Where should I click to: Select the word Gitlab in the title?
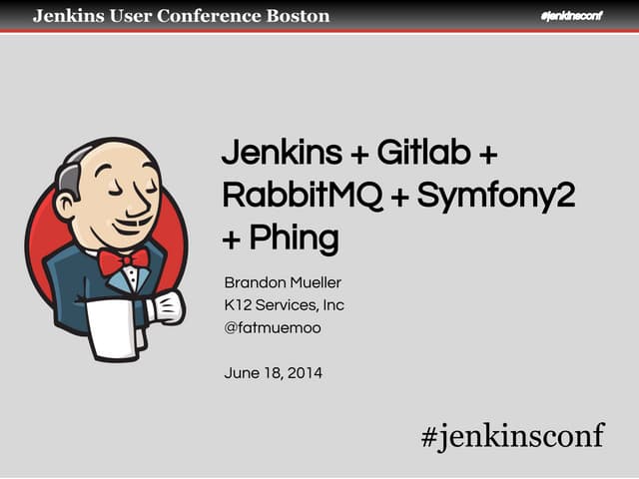420,156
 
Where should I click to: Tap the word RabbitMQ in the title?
303,197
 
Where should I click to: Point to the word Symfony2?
496,197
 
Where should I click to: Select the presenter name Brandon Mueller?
283,282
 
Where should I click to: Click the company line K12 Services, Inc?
285,304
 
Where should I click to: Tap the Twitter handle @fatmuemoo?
273,326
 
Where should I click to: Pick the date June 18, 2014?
273,373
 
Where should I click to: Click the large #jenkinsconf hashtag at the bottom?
512,435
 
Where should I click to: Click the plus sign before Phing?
233,240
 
